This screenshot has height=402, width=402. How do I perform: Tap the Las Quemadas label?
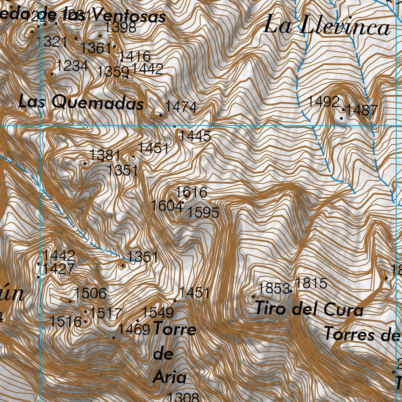81,103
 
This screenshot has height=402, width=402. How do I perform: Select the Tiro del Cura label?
309,309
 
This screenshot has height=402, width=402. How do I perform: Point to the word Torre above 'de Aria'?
174,329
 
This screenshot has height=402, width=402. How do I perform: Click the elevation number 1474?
181,106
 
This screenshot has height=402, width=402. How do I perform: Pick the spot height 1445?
195,136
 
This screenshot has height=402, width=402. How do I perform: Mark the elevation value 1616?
191,192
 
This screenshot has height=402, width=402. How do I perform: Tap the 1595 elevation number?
203,212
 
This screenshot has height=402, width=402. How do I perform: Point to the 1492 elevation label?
323,101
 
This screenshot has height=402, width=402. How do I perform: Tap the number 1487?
362,110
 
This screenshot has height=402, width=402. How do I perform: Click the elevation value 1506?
90,293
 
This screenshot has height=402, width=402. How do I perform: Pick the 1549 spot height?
157,312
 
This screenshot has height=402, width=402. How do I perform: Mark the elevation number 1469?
134,329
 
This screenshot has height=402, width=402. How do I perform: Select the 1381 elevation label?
105,155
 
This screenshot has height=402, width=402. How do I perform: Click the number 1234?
72,66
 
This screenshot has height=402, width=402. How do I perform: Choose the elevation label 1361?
96,48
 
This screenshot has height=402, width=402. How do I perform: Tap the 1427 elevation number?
58,269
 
